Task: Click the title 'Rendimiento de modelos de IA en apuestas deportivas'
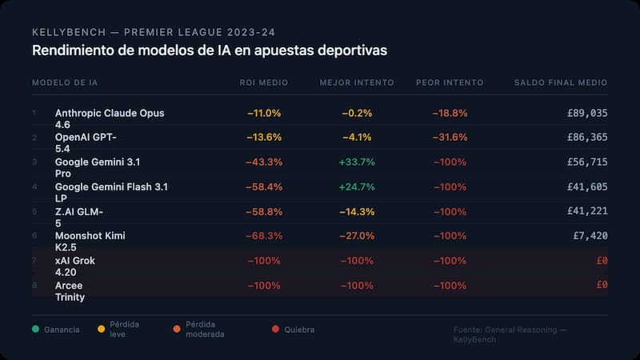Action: (210, 50)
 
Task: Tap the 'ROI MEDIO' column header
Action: (264, 82)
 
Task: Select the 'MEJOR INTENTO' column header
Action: (356, 82)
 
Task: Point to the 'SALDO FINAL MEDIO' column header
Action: (560, 82)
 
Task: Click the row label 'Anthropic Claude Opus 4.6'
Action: (110, 119)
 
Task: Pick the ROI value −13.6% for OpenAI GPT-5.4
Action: (264, 138)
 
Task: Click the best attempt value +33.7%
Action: (356, 162)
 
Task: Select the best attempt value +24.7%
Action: (356, 186)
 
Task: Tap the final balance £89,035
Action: (586, 114)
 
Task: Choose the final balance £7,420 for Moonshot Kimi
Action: (590, 236)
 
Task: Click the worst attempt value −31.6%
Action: (450, 138)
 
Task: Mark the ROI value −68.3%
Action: (264, 236)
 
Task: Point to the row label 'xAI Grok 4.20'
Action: (74, 266)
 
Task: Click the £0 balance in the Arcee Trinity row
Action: (602, 285)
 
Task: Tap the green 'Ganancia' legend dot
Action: (35, 329)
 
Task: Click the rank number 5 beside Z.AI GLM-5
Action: (34, 211)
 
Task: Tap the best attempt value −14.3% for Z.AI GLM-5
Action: (356, 211)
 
